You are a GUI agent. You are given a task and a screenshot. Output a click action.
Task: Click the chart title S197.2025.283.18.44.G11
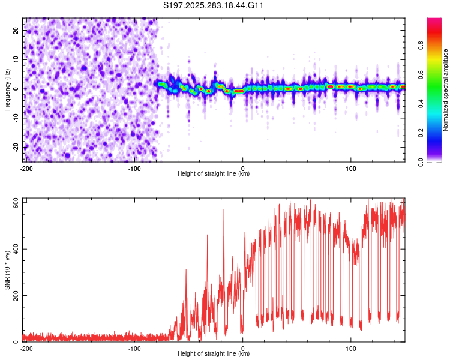point(214,5)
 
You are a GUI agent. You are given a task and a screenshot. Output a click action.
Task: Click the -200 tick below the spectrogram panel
point(26,169)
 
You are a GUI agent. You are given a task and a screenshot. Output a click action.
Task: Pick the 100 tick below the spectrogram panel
point(351,169)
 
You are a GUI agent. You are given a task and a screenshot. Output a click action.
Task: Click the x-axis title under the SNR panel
point(214,354)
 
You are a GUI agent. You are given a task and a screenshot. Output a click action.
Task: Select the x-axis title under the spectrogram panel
point(214,174)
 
